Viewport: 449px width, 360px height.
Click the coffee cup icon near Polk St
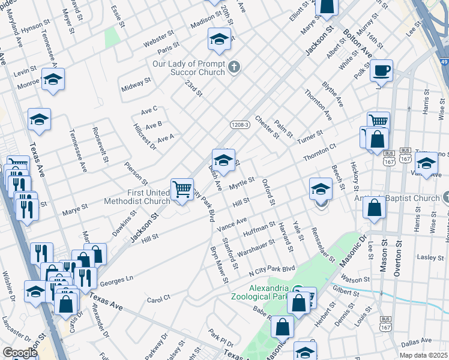pos(381,71)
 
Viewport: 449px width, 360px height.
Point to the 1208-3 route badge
pos(239,125)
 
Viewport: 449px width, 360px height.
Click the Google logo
pos(20,353)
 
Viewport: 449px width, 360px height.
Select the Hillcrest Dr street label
pos(143,136)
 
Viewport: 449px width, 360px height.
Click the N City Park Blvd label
pos(273,269)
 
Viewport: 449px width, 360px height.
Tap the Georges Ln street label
pos(116,280)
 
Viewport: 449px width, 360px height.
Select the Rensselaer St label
pos(324,244)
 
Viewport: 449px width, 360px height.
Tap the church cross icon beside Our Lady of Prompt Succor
pos(235,67)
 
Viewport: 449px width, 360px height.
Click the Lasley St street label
pos(430,257)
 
